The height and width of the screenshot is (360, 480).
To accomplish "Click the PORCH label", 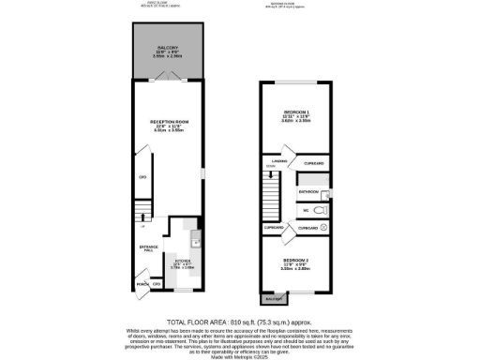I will pyautogui.click(x=142, y=282).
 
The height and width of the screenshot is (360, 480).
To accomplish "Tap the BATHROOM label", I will pyautogui.click(x=310, y=190).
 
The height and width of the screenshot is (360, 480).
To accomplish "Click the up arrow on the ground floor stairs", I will pyautogui.click(x=142, y=225).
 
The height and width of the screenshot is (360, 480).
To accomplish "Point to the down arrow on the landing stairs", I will pyautogui.click(x=270, y=170).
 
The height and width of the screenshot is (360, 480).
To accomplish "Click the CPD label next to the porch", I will pyautogui.click(x=157, y=282).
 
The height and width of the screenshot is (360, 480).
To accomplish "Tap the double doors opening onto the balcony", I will pyautogui.click(x=170, y=81).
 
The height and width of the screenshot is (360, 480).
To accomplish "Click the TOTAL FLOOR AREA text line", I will pyautogui.click(x=239, y=320).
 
